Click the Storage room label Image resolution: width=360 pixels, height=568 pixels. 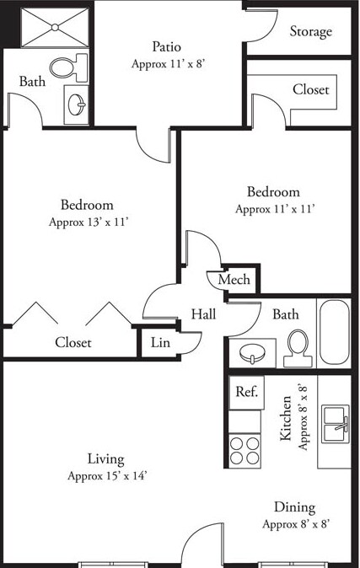[x=311, y=31]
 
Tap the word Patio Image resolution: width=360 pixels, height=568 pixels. [x=167, y=46]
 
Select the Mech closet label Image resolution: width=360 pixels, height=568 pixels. [x=234, y=280]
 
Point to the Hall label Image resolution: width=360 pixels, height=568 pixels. [x=203, y=314]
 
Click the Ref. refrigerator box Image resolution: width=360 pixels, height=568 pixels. [x=246, y=391]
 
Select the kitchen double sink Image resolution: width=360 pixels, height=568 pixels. [x=335, y=421]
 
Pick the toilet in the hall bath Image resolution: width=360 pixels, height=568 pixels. [x=297, y=347]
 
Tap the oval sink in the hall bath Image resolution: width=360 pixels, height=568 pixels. [x=250, y=352]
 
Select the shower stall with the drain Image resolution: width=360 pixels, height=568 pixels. [x=54, y=28]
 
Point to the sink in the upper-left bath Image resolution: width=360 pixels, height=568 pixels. [x=76, y=104]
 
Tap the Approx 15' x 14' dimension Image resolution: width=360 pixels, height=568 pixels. [x=107, y=476]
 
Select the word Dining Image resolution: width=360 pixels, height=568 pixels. [x=294, y=507]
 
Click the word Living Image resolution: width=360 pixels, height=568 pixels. [x=106, y=459]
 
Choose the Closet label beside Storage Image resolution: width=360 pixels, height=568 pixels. [x=311, y=89]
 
